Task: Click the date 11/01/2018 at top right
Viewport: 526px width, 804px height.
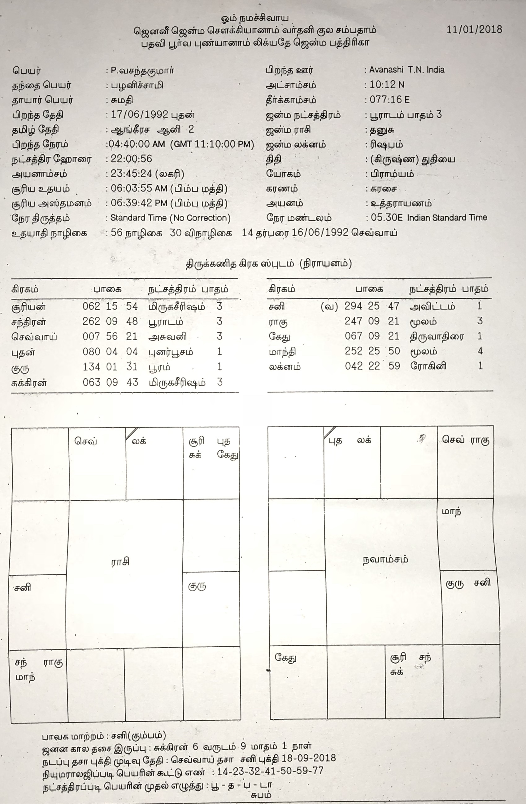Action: (x=474, y=29)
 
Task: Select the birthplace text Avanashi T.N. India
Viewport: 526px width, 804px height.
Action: (x=406, y=70)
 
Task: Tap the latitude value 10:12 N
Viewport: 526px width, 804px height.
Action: (x=387, y=85)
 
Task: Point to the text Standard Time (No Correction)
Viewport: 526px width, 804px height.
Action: (x=170, y=218)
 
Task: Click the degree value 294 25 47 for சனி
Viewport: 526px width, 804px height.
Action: (x=372, y=306)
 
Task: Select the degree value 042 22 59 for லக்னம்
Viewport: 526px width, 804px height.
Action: (x=372, y=366)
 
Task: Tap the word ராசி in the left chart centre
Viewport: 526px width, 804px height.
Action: (x=120, y=562)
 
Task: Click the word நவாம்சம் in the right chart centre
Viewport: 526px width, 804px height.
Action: (x=385, y=560)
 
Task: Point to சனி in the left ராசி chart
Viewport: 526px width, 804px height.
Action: (x=23, y=587)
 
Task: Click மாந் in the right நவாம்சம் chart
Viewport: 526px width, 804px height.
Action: (x=451, y=512)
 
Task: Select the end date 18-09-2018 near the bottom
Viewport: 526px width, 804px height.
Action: (x=309, y=758)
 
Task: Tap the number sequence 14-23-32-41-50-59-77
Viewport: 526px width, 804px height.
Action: (x=270, y=771)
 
